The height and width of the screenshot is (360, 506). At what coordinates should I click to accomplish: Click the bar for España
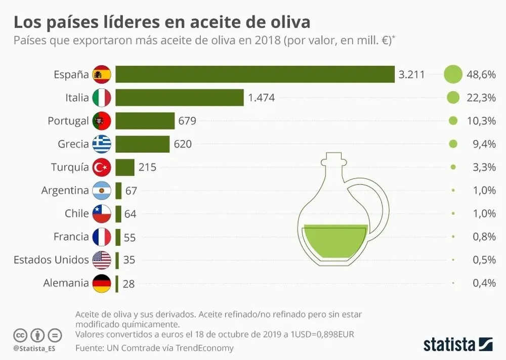coord(255,74)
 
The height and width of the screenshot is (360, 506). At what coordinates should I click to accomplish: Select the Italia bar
coord(180,98)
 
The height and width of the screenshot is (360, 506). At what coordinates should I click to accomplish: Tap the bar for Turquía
coord(125,167)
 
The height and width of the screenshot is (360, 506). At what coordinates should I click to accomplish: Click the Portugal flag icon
coord(102,121)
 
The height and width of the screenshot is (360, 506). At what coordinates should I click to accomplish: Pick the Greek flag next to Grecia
coord(102,144)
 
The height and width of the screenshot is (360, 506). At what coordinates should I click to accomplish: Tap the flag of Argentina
coord(102,191)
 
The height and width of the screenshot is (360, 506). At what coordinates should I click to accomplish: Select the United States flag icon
coord(102,260)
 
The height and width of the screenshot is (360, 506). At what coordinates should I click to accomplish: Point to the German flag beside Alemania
coord(102,283)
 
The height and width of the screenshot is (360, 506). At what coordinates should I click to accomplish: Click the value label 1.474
coord(261,98)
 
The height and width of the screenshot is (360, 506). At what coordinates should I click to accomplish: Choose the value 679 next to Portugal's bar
coord(187,121)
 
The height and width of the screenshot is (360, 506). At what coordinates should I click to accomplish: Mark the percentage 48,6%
coord(481,74)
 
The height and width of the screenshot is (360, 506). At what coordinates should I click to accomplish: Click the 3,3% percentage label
coord(484,167)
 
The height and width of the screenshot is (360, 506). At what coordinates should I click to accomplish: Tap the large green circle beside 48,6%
coord(453,74)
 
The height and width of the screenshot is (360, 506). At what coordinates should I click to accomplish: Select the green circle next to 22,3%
coord(453,98)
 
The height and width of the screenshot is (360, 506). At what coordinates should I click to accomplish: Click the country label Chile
coord(77,213)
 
